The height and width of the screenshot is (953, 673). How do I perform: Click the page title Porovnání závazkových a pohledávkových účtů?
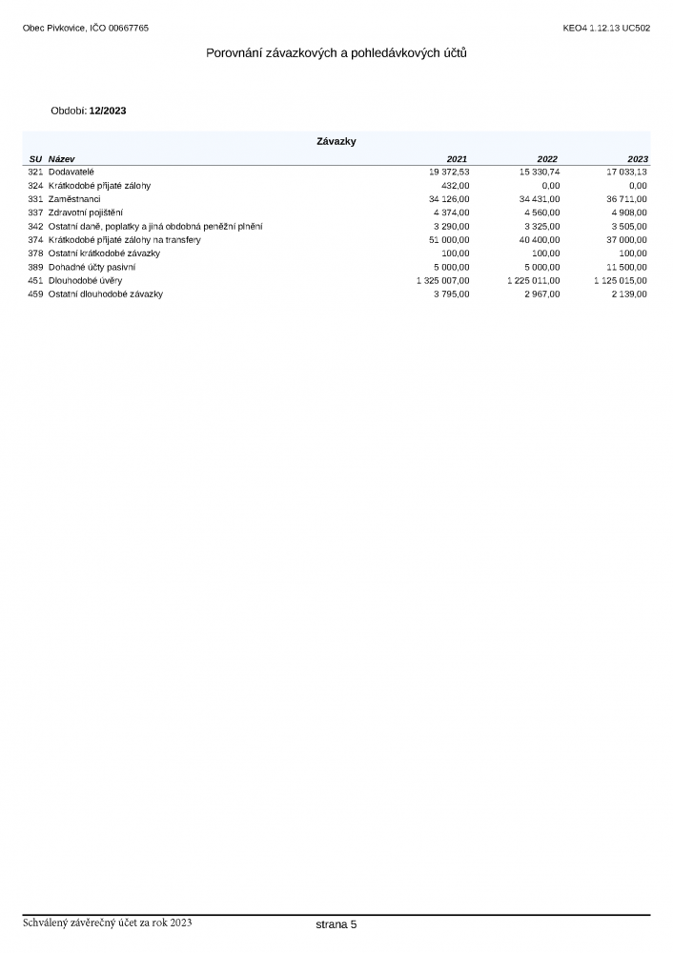pos(336,53)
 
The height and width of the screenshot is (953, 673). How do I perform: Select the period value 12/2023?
pos(108,111)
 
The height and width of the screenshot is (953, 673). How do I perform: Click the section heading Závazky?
pos(336,141)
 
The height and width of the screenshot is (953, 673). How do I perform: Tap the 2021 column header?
pos(458,158)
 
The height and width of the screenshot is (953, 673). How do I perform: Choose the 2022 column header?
pos(548,158)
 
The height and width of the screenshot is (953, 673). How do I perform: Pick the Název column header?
pos(62,158)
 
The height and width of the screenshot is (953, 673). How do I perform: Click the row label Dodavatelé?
pos(71,172)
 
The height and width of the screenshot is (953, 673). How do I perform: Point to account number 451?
pos(35,281)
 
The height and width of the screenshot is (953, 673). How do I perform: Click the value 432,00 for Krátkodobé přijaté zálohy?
pos(456,185)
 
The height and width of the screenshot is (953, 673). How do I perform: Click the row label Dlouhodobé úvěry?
pos(85,281)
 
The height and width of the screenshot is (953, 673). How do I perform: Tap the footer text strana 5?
pos(336,924)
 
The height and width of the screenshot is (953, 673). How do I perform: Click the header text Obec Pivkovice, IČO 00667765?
pos(86,28)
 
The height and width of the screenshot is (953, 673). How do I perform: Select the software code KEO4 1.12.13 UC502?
pos(606,28)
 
